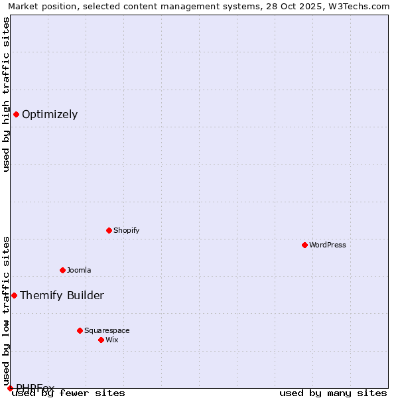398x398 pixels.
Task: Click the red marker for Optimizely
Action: point(16,114)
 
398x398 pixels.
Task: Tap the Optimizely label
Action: point(50,114)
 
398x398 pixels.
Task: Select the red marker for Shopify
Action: point(109,230)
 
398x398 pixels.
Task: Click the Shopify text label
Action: point(126,230)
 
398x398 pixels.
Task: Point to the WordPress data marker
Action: point(304,245)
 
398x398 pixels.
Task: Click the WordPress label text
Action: point(328,245)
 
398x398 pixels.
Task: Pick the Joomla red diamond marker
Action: point(62,270)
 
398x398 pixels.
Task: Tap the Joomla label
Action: point(79,270)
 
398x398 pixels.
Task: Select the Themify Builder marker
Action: point(14,295)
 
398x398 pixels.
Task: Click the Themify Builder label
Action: point(62,295)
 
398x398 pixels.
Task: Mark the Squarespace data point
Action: point(80,330)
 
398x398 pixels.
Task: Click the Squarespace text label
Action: point(107,330)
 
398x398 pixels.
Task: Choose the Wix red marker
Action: point(101,340)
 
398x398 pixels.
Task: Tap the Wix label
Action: point(112,340)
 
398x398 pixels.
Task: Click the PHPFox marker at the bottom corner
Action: point(10,388)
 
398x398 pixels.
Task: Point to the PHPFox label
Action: point(35,387)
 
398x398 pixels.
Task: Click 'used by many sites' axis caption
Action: point(333,393)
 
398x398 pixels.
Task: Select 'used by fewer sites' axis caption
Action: point(68,393)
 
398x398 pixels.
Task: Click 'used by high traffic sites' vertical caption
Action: point(7,94)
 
